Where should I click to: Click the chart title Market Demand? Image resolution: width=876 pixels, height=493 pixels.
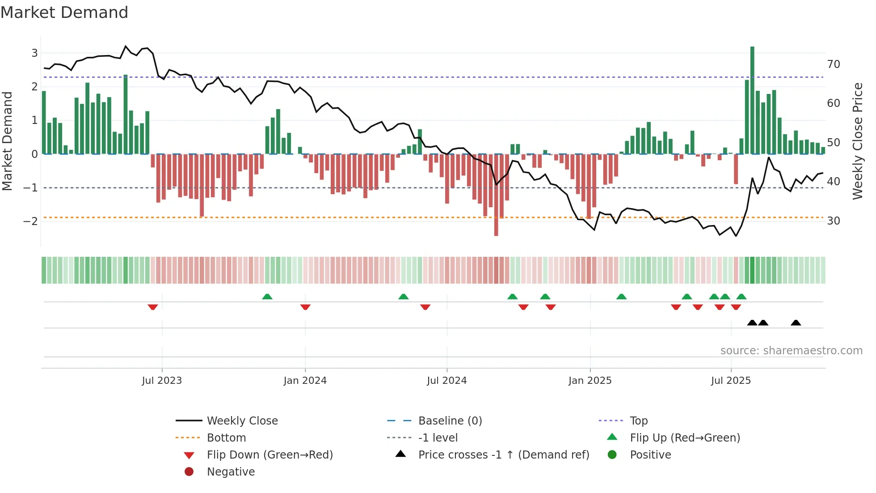(x=64, y=13)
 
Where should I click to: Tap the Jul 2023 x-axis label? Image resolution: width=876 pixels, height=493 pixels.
(x=162, y=381)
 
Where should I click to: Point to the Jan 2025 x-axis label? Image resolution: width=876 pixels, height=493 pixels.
(x=590, y=381)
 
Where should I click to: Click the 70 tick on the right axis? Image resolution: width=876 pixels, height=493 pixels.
(x=834, y=64)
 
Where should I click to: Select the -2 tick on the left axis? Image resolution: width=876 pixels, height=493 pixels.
(x=30, y=221)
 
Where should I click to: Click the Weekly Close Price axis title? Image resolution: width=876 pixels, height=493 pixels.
(x=857, y=141)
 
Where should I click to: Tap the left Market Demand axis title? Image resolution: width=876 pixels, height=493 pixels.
(x=7, y=141)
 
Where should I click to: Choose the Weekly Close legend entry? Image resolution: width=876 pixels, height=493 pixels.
(x=242, y=421)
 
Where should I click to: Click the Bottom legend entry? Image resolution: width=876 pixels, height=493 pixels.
(x=226, y=438)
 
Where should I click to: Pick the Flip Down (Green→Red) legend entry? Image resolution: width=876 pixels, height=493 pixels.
(x=270, y=455)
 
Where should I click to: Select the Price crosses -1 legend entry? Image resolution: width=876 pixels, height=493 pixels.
(x=504, y=455)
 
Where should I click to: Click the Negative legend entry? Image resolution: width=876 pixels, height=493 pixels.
(x=231, y=472)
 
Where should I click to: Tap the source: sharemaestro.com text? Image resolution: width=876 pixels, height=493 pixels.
(x=791, y=350)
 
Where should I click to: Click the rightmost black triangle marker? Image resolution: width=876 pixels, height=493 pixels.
(x=796, y=323)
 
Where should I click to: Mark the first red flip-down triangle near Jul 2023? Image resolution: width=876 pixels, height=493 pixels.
(x=153, y=307)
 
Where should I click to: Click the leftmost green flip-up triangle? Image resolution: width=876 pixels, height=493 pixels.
(x=267, y=297)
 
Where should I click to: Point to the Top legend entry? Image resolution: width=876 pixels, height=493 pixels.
(x=639, y=421)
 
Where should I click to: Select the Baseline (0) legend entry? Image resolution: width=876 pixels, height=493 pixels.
(x=450, y=421)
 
